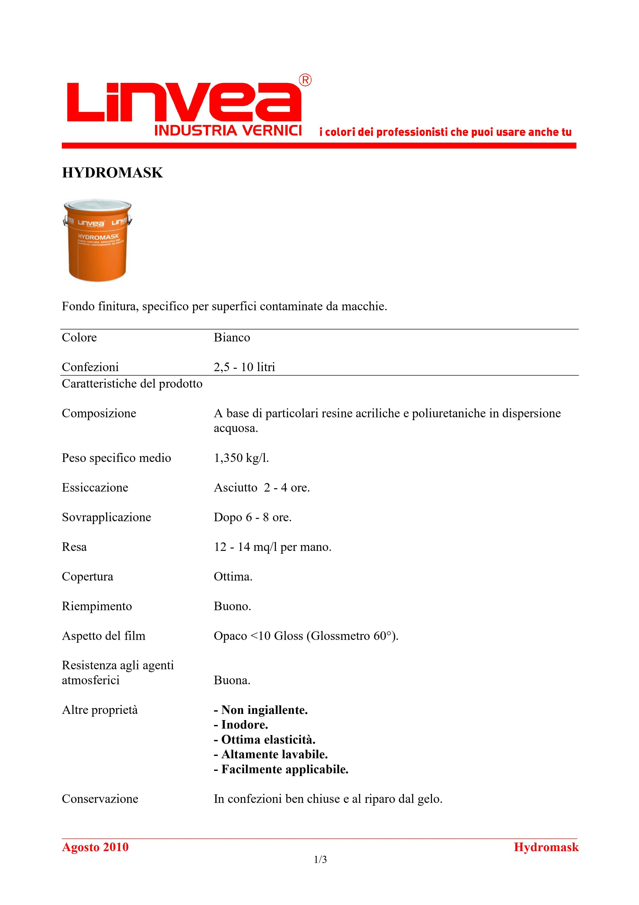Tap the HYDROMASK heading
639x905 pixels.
(112, 173)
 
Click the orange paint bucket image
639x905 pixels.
(97, 244)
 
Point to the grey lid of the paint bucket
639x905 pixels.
(97, 207)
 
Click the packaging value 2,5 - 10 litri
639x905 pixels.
(244, 367)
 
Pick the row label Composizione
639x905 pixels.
(99, 413)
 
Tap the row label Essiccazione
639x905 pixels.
(95, 488)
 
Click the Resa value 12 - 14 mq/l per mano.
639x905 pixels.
(272, 547)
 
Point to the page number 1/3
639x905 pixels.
(320, 860)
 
